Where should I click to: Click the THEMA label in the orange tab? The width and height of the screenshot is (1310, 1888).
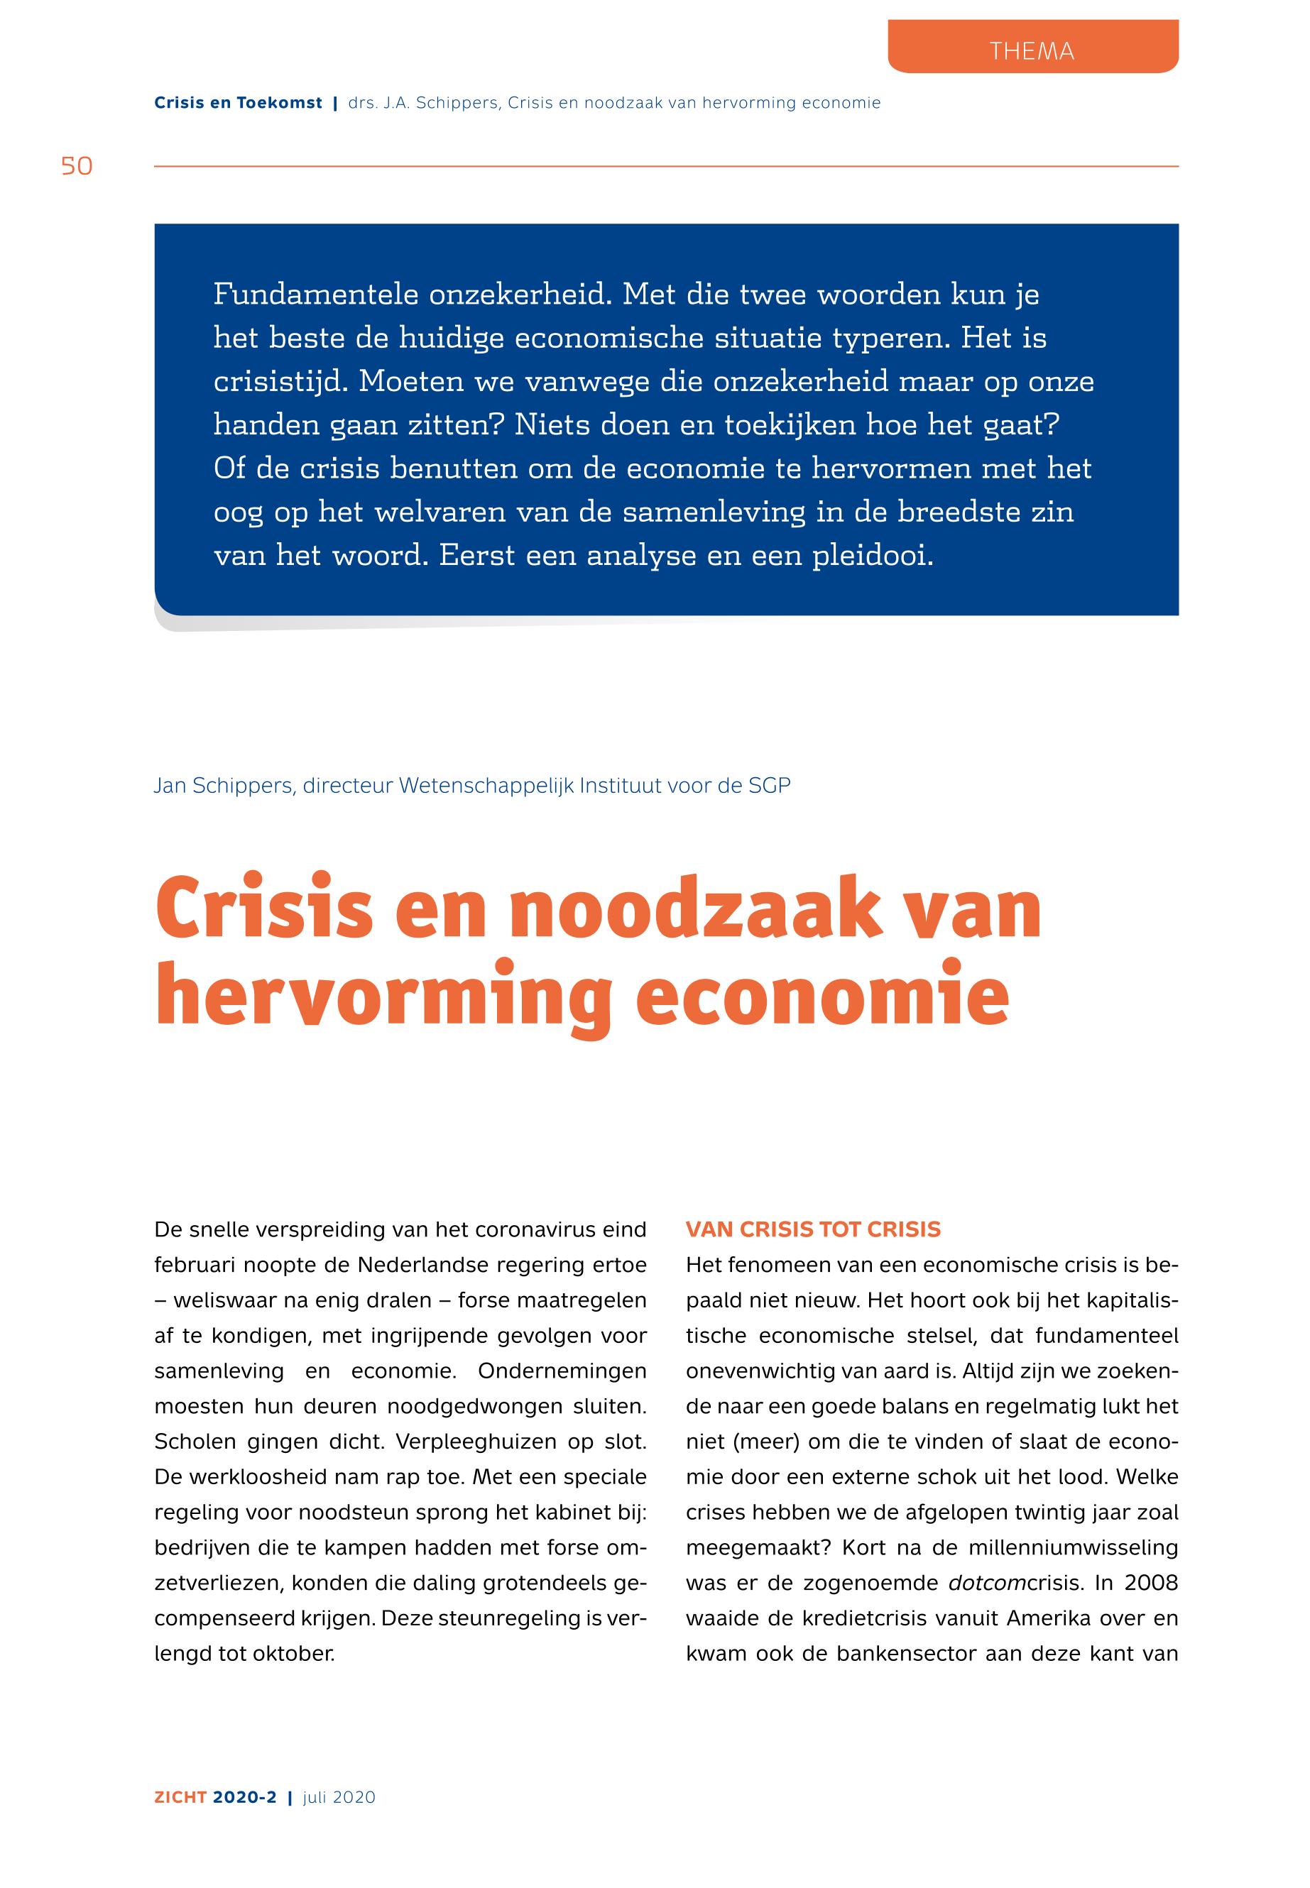[x=1031, y=51]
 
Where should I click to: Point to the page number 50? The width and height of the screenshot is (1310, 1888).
[x=77, y=167]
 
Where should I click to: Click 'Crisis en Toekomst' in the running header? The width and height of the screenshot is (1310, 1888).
[x=238, y=104]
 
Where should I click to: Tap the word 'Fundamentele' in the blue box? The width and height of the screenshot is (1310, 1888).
[x=315, y=294]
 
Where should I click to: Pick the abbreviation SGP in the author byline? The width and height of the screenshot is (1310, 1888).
[x=769, y=785]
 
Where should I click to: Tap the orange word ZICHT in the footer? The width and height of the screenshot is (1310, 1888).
[x=180, y=1798]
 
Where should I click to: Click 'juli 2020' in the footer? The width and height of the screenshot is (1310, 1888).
[x=339, y=1798]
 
